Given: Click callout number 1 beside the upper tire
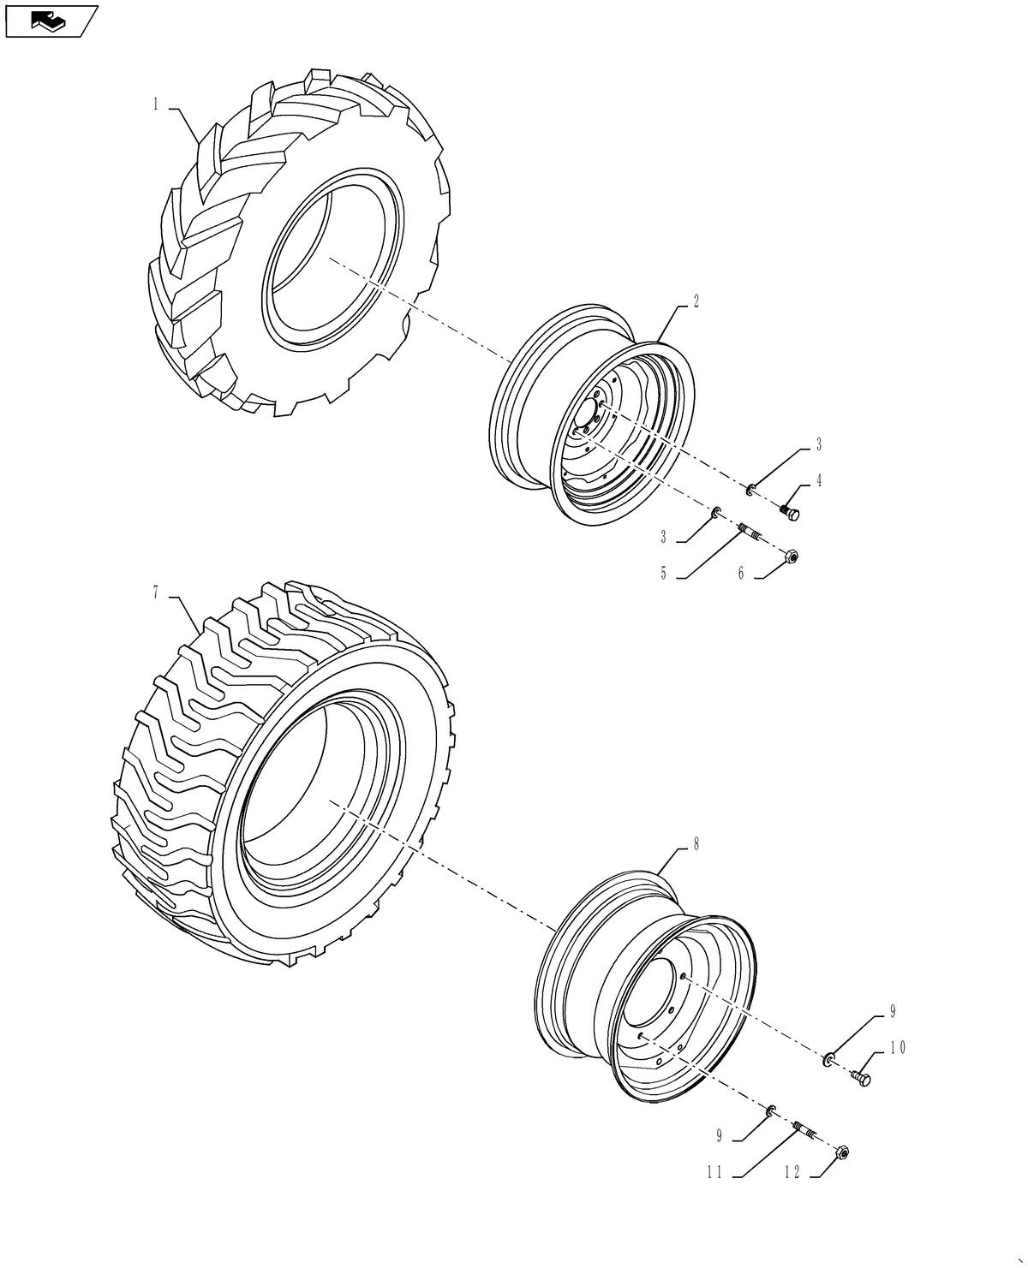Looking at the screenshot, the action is tap(156, 104).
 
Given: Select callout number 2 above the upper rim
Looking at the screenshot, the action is tap(696, 301).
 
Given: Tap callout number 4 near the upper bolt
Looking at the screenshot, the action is tap(819, 480).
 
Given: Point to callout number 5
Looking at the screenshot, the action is tap(664, 574).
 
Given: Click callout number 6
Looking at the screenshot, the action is tap(741, 574).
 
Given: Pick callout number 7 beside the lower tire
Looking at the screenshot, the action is tap(156, 592).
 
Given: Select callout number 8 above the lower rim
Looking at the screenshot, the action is tap(696, 844).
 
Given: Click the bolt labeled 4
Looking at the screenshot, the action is tap(790, 512).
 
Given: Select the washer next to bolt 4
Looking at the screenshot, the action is tap(750, 490).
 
